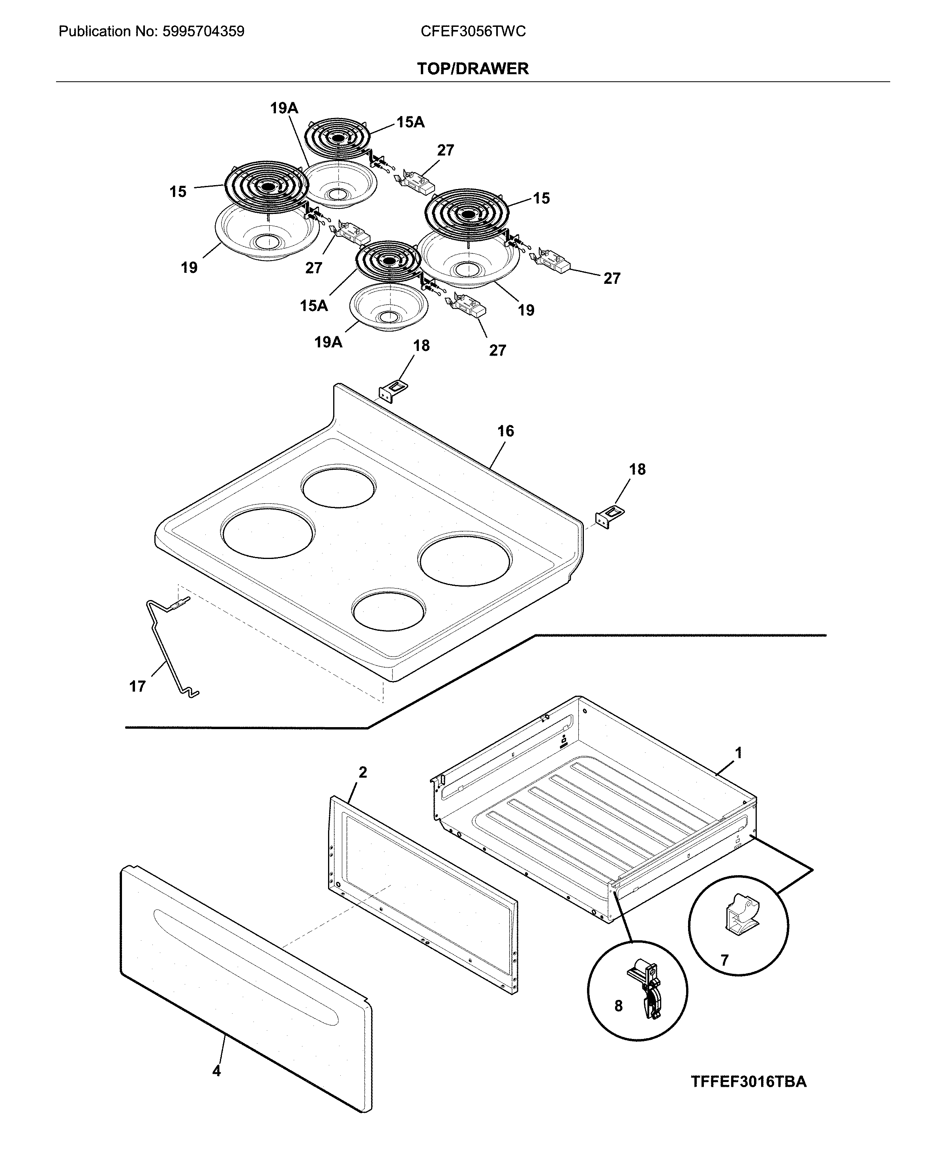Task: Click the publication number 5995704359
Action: (203, 32)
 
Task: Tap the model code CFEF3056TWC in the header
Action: (473, 32)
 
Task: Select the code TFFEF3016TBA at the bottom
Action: (748, 1082)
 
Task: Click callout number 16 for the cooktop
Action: (505, 431)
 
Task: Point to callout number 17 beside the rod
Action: (137, 686)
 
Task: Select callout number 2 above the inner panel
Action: (363, 773)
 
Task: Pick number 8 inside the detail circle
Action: (618, 1006)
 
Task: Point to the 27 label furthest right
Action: (611, 278)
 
